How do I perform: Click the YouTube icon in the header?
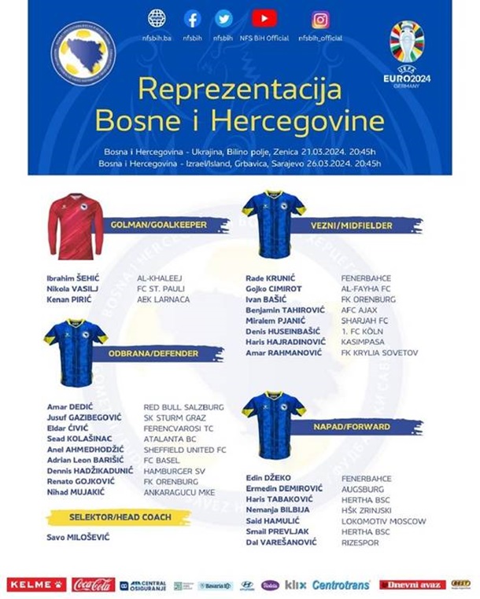click(264, 18)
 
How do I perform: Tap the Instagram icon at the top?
click(319, 19)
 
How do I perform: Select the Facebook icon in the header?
click(192, 19)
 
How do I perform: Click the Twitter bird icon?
click(223, 19)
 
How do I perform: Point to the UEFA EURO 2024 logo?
click(407, 54)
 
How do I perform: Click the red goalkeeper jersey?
click(76, 226)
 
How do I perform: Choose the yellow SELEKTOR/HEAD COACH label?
click(118, 518)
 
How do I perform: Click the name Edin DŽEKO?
click(269, 478)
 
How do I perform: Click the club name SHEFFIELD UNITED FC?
click(185, 449)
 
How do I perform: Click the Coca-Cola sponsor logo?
click(94, 584)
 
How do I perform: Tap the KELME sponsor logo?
click(37, 584)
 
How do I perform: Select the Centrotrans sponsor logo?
click(341, 585)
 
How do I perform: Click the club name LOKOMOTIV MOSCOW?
click(383, 520)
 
